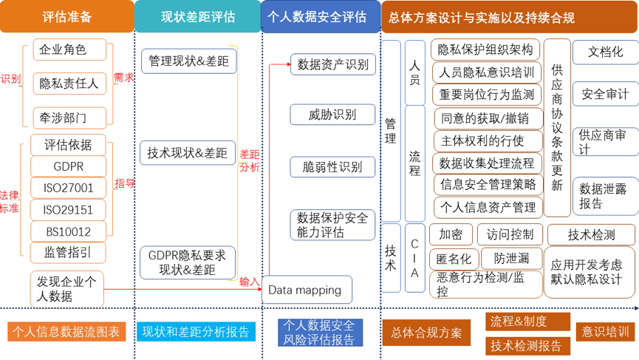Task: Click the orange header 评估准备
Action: (x=67, y=16)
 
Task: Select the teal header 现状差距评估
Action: (x=197, y=16)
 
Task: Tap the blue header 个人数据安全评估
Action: (x=318, y=16)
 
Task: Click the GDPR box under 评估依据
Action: (x=68, y=166)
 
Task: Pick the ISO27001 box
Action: (x=68, y=189)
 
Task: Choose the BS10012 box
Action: (x=68, y=231)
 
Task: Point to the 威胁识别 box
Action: (x=332, y=114)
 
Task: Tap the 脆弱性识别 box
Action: (x=332, y=167)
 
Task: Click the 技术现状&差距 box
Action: (x=188, y=153)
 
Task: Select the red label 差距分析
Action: (x=250, y=161)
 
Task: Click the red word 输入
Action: (x=250, y=282)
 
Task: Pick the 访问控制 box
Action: (x=510, y=235)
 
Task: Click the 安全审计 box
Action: (x=605, y=94)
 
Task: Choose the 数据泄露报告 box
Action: (x=604, y=196)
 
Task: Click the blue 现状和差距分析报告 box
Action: (x=196, y=331)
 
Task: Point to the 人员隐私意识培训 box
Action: (x=485, y=72)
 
